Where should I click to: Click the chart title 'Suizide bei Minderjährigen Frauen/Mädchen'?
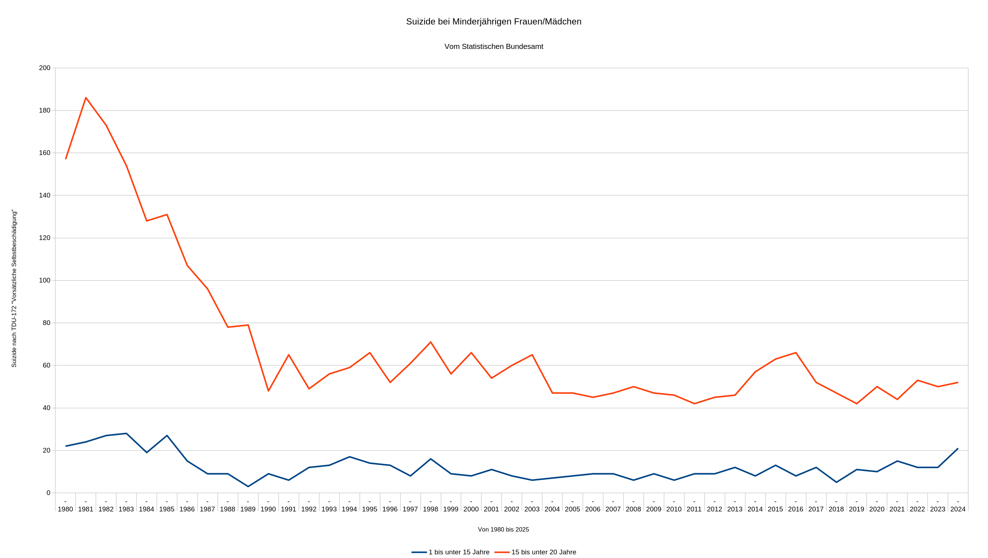[x=493, y=21]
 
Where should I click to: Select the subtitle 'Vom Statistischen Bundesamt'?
[x=493, y=46]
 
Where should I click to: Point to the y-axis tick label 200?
[x=45, y=68]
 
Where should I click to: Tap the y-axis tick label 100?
[x=45, y=280]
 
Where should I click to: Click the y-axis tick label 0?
[x=48, y=493]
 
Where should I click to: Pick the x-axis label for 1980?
[x=65, y=509]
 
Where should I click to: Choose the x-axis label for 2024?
[x=958, y=509]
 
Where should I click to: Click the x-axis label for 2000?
[x=471, y=509]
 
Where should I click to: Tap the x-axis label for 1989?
[x=248, y=509]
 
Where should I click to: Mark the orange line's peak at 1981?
[x=86, y=98]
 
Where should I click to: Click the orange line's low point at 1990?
[x=268, y=391]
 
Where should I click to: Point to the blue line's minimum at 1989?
[x=248, y=486]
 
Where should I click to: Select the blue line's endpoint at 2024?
[x=957, y=449]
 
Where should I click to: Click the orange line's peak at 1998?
[x=430, y=342]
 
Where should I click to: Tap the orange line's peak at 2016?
[x=795, y=353]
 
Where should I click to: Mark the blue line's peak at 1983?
[x=126, y=433]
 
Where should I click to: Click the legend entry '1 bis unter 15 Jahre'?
[x=459, y=552]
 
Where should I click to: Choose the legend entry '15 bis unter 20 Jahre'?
[x=543, y=552]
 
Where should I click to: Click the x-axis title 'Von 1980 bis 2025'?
[x=503, y=529]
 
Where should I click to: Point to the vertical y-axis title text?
[x=14, y=288]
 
